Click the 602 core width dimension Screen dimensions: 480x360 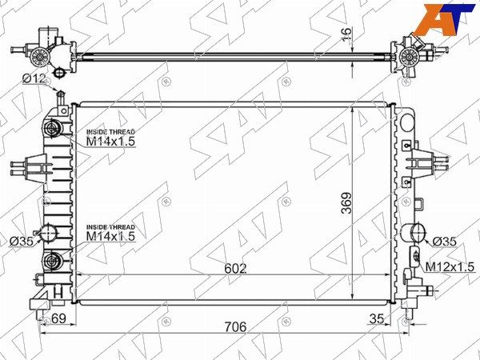(235, 269)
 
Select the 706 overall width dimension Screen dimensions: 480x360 (235, 326)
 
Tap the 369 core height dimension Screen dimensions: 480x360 (347, 203)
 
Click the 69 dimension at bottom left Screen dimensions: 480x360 (58, 318)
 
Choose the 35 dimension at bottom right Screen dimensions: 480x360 (377, 318)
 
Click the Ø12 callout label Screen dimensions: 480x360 (34, 79)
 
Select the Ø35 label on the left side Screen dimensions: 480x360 (21, 242)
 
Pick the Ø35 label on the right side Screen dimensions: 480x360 (445, 242)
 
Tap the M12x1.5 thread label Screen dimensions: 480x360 (450, 267)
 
